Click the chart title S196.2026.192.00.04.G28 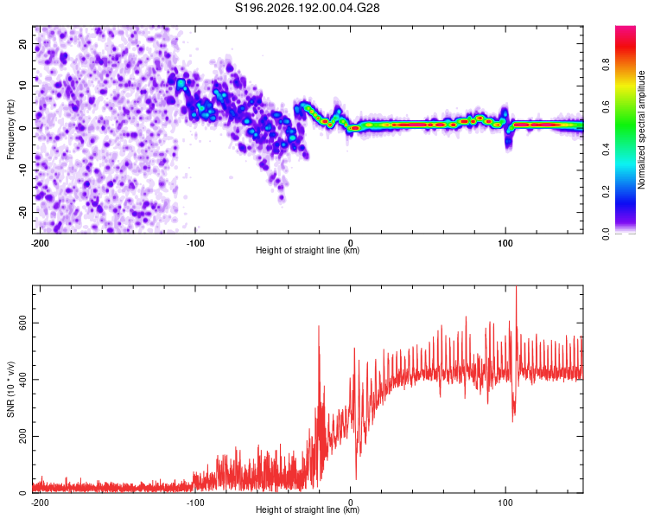[307, 8]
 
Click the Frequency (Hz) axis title [10, 130]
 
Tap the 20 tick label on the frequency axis [22, 44]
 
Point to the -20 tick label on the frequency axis [22, 212]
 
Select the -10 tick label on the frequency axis [22, 170]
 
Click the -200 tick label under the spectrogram [40, 243]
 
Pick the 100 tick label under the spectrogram [505, 243]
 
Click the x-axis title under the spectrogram [308, 250]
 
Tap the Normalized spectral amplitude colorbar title [641, 130]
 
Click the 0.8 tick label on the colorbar [606, 65]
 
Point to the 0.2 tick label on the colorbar [606, 192]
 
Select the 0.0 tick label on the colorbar [606, 234]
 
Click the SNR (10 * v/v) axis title [10, 389]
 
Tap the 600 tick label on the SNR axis [22, 323]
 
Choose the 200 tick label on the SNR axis [22, 436]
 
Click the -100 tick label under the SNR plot [195, 503]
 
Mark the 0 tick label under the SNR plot [351, 503]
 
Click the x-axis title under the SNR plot [308, 509]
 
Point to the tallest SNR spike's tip [516, 286]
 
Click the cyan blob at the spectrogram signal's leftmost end [181, 84]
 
